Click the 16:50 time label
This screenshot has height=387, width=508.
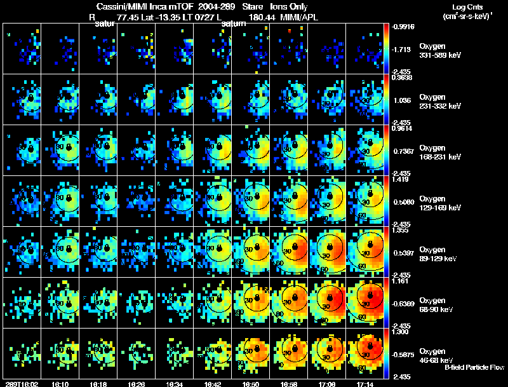(x=250, y=383)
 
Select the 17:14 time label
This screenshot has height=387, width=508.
(x=364, y=383)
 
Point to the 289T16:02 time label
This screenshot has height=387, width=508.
(x=20, y=383)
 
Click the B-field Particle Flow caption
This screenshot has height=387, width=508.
(x=474, y=367)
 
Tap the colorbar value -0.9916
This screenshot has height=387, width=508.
(x=403, y=27)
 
